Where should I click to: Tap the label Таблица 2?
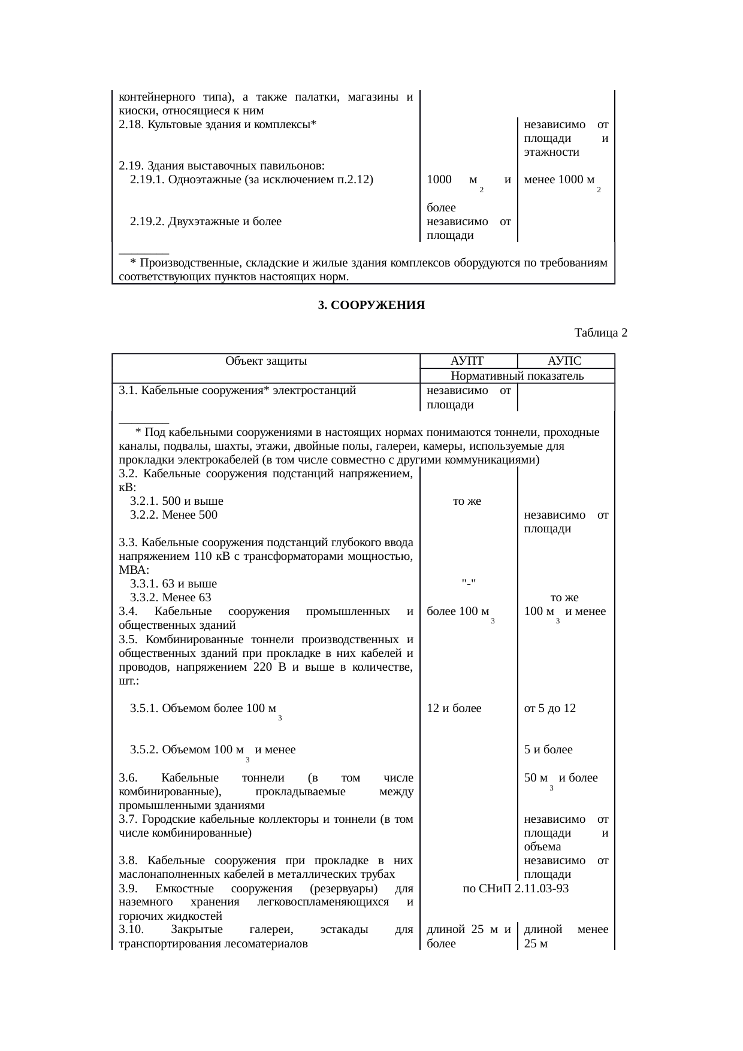pyautogui.click(x=600, y=332)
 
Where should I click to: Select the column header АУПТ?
pyautogui.click(x=467, y=361)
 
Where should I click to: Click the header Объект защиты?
pyautogui.click(x=266, y=361)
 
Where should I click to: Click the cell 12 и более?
pyautogui.click(x=454, y=708)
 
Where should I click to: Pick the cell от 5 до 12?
pyautogui.click(x=549, y=708)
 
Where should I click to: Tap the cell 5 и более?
pyautogui.click(x=548, y=750)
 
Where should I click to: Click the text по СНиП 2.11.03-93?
pyautogui.click(x=516, y=889)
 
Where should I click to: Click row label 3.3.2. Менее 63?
pyautogui.click(x=171, y=598)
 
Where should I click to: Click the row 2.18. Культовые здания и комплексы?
pyautogui.click(x=217, y=125)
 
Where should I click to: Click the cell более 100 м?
pyautogui.click(x=457, y=612)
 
